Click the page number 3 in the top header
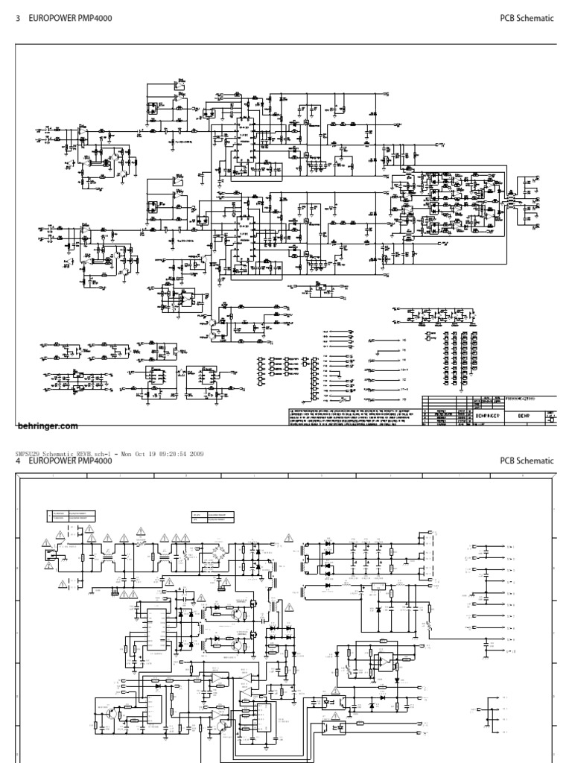[18, 19]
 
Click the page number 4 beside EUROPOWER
[18, 461]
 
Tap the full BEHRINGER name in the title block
[485, 419]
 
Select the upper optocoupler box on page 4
[330, 700]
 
